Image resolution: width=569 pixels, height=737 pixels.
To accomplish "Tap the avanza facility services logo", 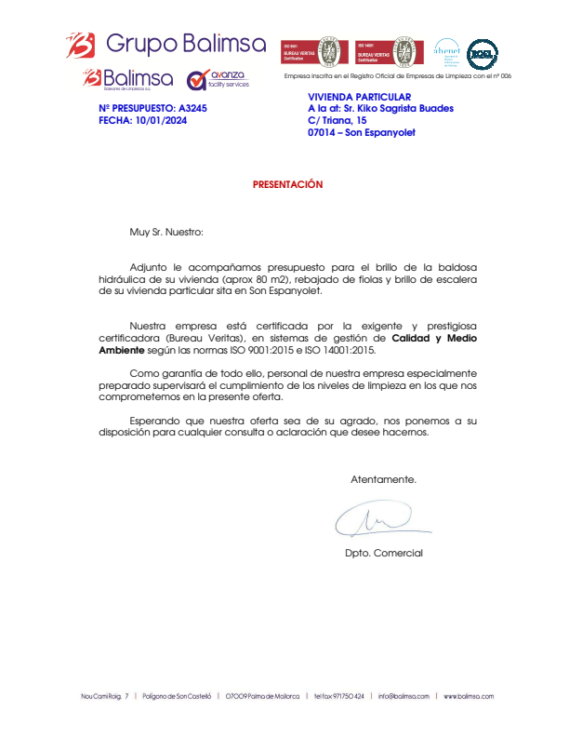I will [x=218, y=79].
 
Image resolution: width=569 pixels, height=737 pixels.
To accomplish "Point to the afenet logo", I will [x=446, y=52].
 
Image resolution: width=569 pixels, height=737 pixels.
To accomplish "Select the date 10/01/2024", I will [x=161, y=120].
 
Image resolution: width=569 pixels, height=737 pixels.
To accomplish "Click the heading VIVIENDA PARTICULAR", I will [x=359, y=97].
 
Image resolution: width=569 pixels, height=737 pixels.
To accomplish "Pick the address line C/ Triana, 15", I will [x=337, y=120].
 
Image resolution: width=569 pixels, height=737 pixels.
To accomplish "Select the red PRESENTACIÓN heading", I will [x=287, y=184].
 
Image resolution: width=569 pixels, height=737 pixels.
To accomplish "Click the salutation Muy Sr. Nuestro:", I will [x=165, y=231].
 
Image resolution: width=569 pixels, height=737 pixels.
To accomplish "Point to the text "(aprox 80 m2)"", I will [x=286, y=278].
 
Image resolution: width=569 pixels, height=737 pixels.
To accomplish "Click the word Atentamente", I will [x=383, y=480].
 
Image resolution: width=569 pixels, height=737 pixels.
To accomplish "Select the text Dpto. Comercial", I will [x=383, y=554].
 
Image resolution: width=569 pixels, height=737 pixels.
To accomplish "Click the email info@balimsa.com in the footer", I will [x=404, y=696].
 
